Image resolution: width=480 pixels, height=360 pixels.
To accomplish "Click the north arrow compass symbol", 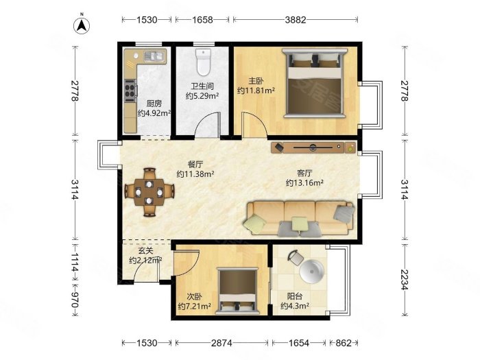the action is [x=82, y=25].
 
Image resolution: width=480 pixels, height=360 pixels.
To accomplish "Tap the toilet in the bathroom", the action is [x=203, y=62].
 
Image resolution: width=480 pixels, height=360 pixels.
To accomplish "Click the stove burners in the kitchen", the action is [x=130, y=91].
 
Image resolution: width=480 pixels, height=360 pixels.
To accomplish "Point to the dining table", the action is [x=149, y=192].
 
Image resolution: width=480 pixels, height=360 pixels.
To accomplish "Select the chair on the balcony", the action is [x=296, y=257].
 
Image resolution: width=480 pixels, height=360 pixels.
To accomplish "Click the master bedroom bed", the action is [x=314, y=83].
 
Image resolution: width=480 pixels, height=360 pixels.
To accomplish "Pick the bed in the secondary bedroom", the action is [x=237, y=291].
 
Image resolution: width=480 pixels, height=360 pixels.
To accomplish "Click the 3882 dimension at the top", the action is [x=296, y=20].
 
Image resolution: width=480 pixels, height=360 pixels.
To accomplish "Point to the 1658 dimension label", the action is [x=202, y=20].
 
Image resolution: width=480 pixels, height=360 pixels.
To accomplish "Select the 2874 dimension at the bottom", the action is [x=221, y=343].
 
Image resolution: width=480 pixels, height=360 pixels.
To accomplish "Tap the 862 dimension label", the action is [x=343, y=343].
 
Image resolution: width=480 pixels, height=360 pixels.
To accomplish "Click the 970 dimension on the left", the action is [x=75, y=300].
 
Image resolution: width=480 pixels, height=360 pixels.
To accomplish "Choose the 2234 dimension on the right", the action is [x=405, y=280].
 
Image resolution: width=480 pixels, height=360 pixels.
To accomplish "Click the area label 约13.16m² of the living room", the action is [x=304, y=183].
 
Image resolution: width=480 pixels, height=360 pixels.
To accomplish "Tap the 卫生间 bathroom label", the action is [x=202, y=86].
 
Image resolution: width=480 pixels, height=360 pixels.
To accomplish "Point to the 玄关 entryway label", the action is [x=145, y=251].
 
